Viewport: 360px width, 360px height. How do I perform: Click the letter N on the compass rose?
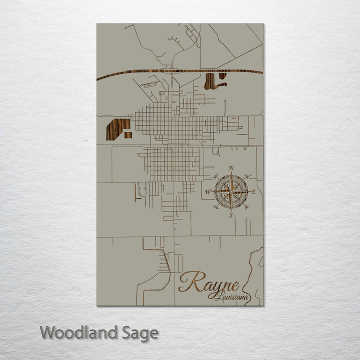231,167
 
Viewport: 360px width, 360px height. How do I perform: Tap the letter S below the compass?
230,215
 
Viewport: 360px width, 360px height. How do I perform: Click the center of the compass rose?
231,191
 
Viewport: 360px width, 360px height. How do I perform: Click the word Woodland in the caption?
78,332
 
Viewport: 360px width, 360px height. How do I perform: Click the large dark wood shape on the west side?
116,129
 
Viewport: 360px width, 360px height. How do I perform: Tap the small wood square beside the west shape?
128,135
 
